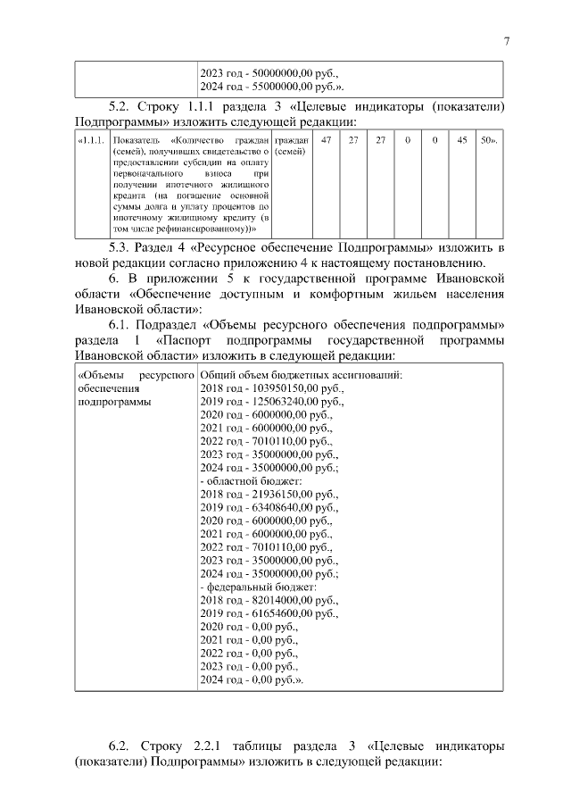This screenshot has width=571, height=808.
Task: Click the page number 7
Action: [506, 40]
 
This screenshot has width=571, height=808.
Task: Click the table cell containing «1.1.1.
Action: [92, 141]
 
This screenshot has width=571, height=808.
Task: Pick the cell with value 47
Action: [326, 141]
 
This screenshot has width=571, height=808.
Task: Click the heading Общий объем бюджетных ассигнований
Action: [302, 375]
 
